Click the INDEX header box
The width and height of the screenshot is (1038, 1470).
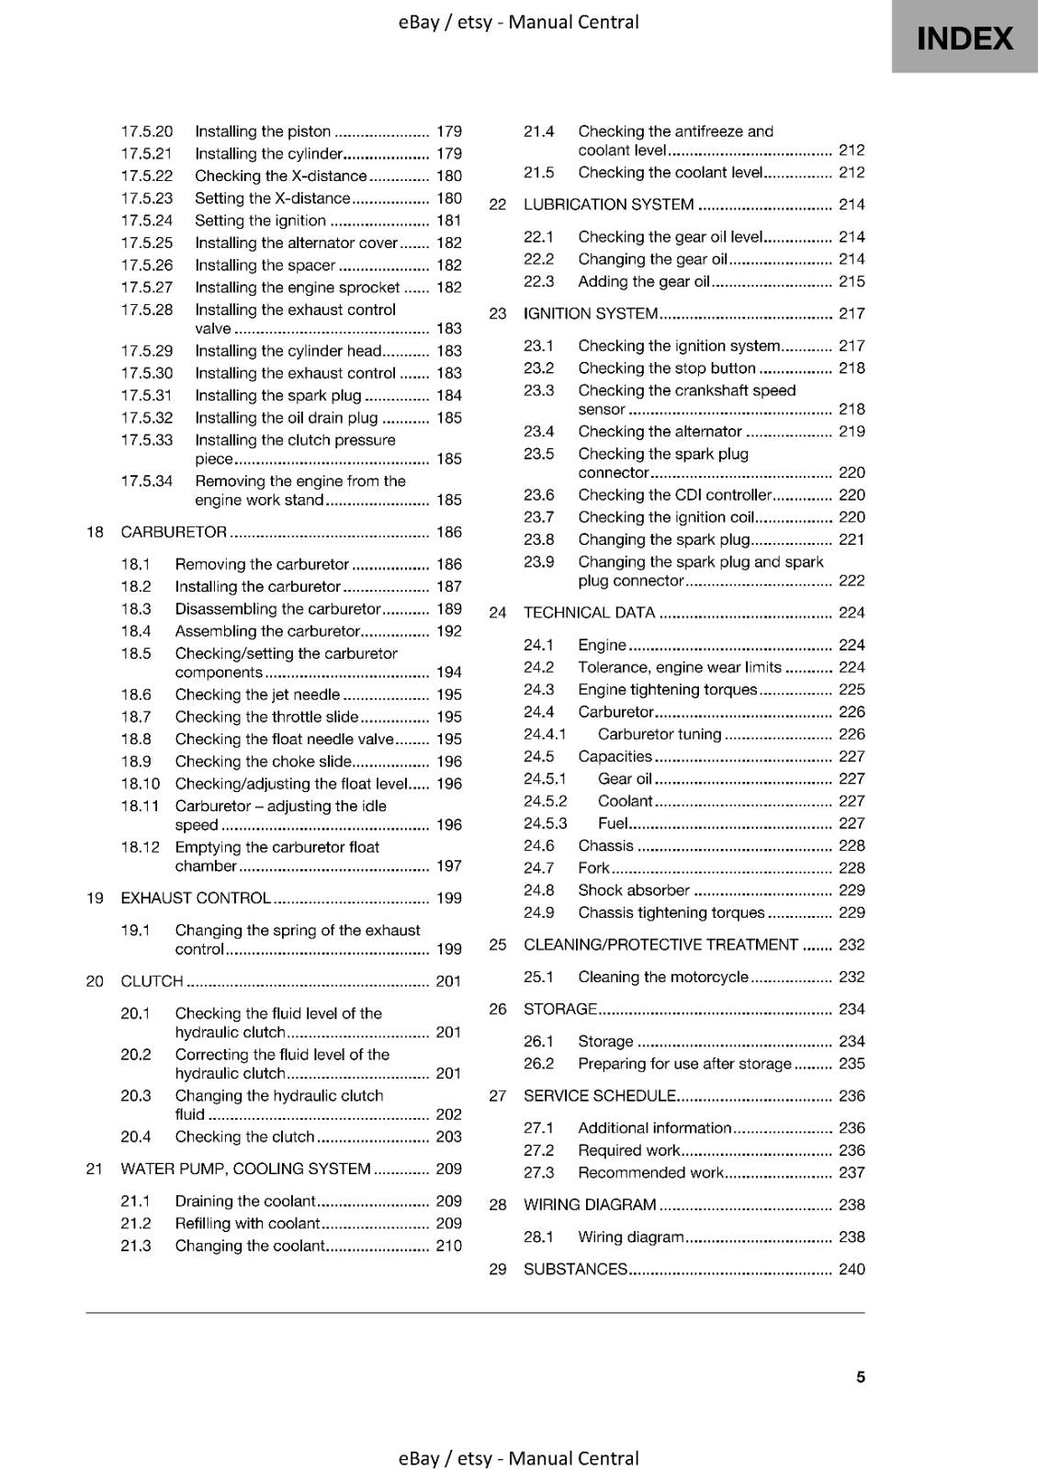click(x=965, y=38)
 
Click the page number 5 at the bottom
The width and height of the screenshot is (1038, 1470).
click(x=861, y=1376)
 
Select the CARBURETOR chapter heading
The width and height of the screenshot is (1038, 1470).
click(x=174, y=532)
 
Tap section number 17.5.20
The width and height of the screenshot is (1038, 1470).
click(x=146, y=131)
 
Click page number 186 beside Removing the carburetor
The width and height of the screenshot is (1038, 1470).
click(x=449, y=564)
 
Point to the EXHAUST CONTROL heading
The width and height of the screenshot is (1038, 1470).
click(x=196, y=898)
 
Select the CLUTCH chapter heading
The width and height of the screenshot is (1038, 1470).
click(x=152, y=981)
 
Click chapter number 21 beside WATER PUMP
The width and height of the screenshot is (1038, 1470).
click(x=94, y=1169)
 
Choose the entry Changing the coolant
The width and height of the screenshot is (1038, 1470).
click(x=250, y=1246)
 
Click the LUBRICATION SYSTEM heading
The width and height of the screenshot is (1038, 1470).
click(x=608, y=204)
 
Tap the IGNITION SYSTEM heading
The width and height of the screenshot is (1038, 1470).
click(x=591, y=313)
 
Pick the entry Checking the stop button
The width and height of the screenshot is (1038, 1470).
click(x=666, y=367)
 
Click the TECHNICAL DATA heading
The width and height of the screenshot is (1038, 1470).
click(x=589, y=613)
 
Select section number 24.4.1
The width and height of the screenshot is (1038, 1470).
click(x=545, y=734)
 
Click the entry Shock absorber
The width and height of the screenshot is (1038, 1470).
click(x=633, y=890)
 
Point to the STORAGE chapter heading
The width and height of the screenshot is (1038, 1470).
click(x=560, y=1009)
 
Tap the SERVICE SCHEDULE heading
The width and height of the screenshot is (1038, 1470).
click(x=600, y=1095)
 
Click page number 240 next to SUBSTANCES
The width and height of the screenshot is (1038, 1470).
click(x=852, y=1269)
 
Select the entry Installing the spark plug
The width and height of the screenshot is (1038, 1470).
click(x=277, y=395)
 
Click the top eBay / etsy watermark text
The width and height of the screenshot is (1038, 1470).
click(x=518, y=22)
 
